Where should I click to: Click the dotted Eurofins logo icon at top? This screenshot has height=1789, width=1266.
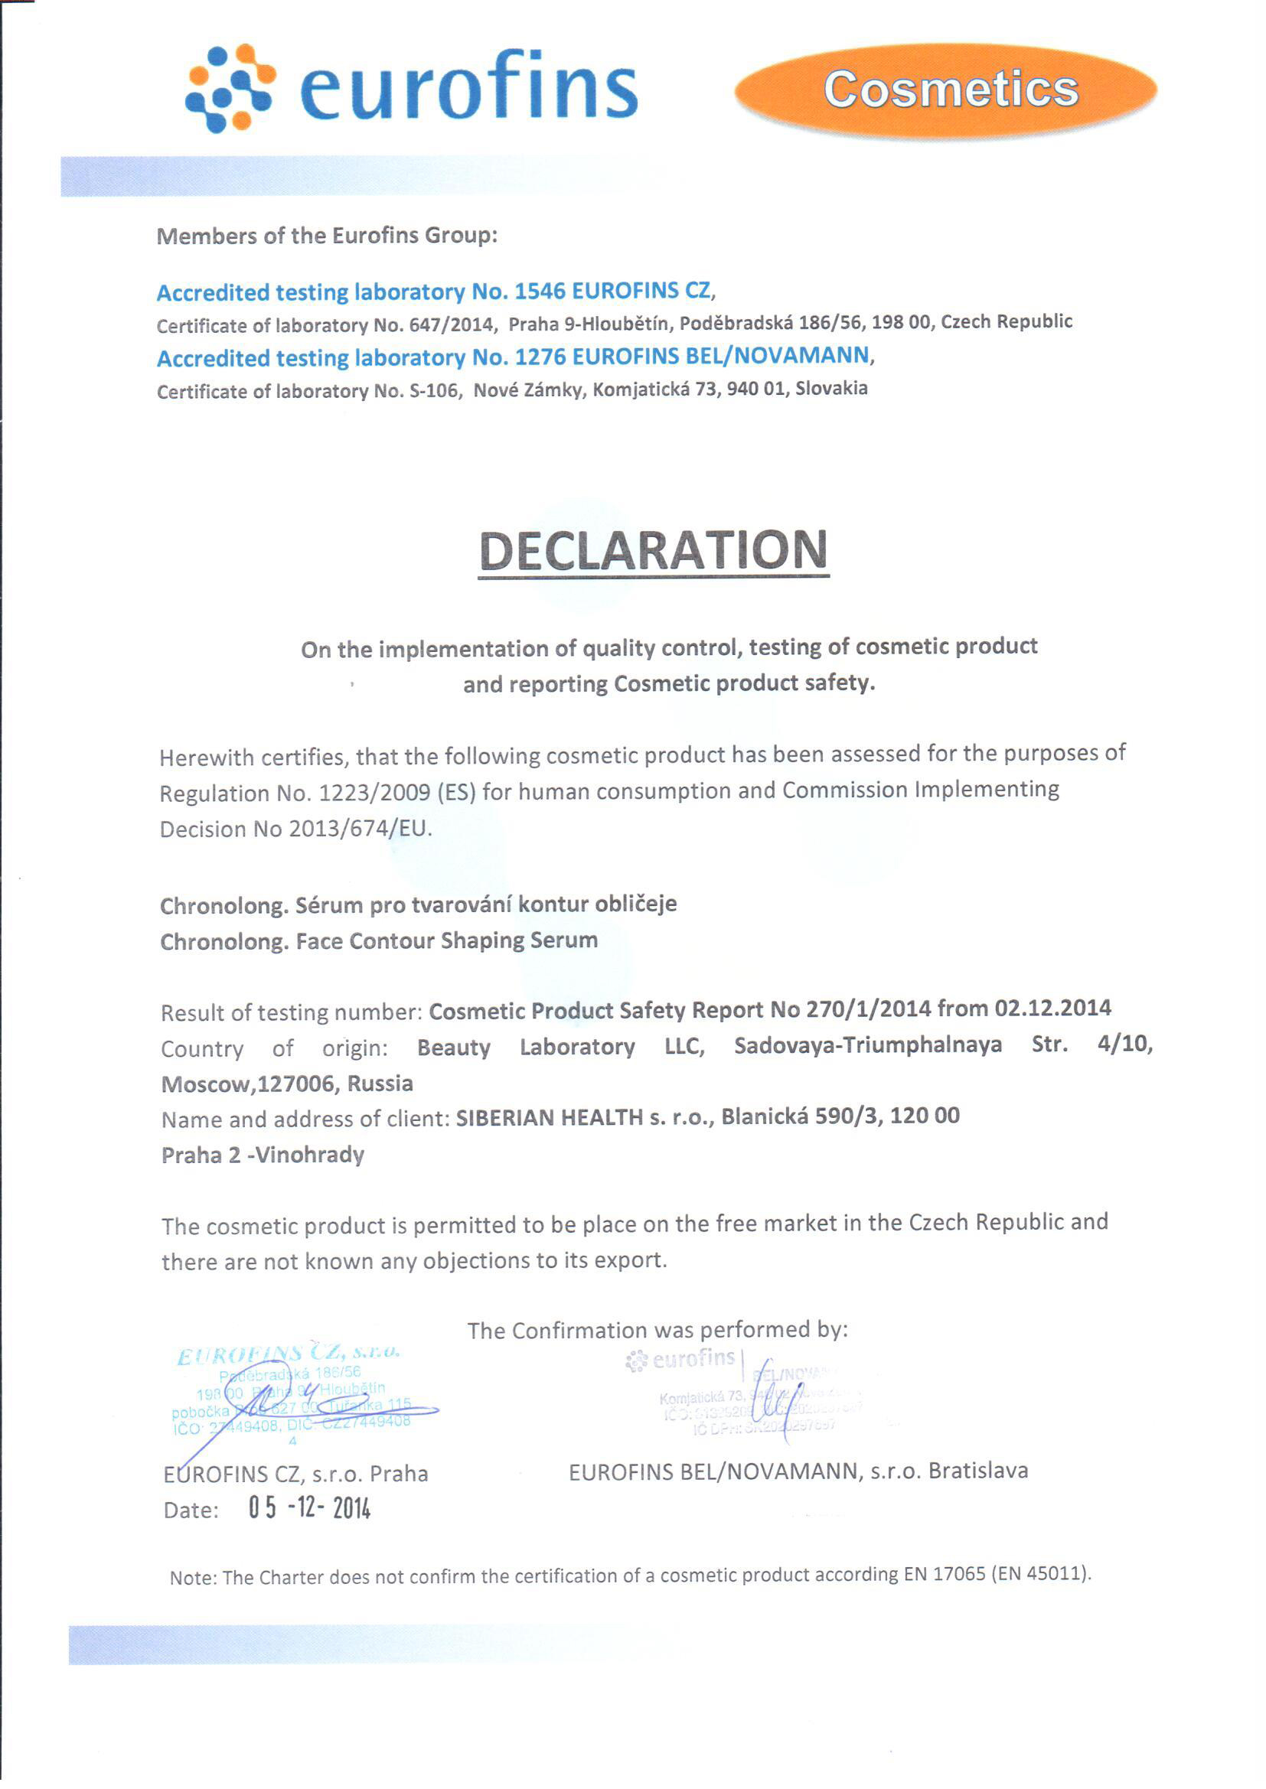tap(229, 87)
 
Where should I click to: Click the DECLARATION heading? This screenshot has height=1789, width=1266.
tap(652, 551)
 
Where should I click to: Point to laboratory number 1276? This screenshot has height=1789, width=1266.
tap(540, 357)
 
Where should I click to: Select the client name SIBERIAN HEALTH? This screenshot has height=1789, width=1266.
tap(550, 1117)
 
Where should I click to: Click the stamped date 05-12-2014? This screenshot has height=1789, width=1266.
tap(309, 1507)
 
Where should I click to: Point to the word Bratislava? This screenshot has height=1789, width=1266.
tap(977, 1471)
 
